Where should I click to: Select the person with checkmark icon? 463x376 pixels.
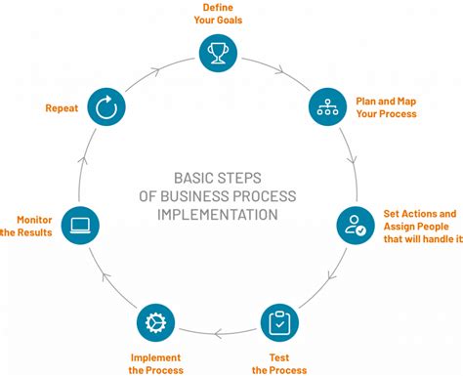point(356,226)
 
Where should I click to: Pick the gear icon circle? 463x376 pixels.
point(153,323)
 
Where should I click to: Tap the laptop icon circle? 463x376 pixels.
point(80,226)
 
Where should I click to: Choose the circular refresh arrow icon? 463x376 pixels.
point(105,108)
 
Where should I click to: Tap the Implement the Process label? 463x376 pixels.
point(153,364)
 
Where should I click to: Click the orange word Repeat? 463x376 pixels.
point(61,108)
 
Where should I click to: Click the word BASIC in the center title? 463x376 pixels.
point(195,177)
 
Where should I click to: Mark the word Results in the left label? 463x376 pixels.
point(36,232)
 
